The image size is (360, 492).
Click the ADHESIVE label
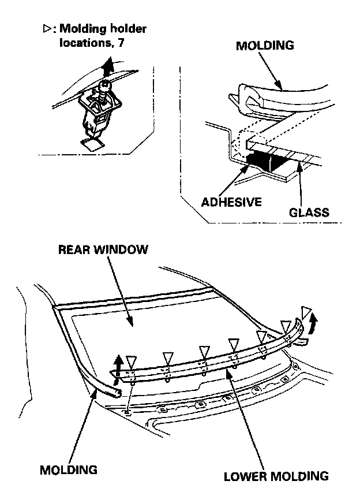pyautogui.click(x=231, y=202)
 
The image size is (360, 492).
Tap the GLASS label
pyautogui.click(x=309, y=212)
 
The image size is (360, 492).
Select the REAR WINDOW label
pyautogui.click(x=103, y=250)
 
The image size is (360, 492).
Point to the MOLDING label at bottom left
pyautogui.click(x=68, y=469)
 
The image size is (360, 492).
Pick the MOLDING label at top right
pyautogui.click(x=265, y=46)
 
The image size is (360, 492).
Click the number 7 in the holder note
pyautogui.click(x=122, y=42)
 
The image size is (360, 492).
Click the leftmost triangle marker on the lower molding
pyautogui.click(x=131, y=361)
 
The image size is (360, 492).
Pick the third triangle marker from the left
pyautogui.click(x=203, y=351)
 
